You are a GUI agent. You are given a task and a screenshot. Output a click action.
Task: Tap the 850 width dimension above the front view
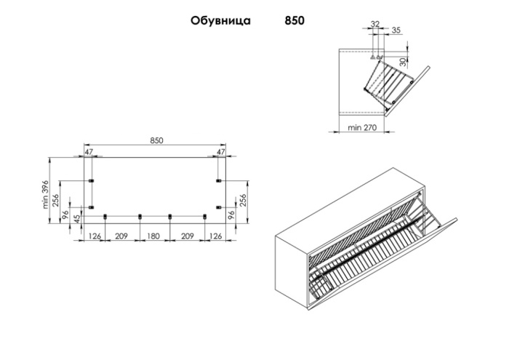point(156,140)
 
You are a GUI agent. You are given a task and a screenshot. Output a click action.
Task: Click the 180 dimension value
point(153,236)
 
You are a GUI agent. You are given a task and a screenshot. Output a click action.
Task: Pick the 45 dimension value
point(76,221)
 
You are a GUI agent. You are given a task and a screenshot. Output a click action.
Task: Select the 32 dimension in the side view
point(374,25)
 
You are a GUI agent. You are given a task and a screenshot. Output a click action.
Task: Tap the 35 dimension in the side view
point(396,30)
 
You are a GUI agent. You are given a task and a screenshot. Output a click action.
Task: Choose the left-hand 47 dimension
point(89,153)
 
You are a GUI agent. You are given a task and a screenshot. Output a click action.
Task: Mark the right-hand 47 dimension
point(220,153)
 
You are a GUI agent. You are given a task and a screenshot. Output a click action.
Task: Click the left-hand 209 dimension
point(122,236)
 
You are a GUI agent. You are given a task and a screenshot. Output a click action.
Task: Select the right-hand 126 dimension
point(216,236)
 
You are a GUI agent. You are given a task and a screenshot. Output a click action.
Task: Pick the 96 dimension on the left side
point(65,216)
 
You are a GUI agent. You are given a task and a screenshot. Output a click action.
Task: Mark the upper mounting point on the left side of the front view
point(91,180)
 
